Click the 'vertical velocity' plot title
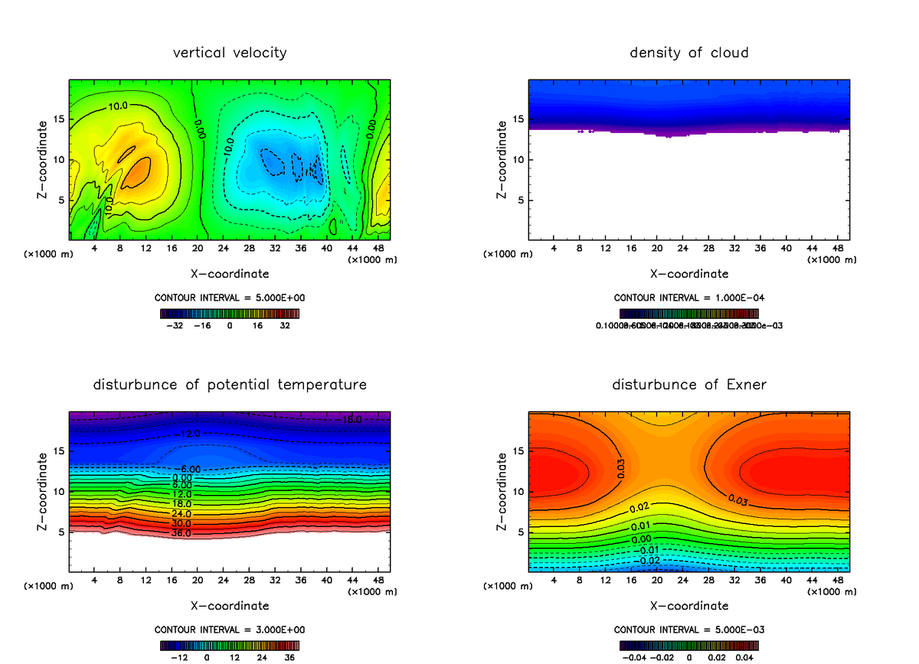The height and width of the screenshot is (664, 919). pyautogui.click(x=230, y=53)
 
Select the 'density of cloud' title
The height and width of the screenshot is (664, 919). pyautogui.click(x=688, y=53)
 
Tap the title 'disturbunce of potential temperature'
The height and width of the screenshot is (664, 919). pyautogui.click(x=230, y=384)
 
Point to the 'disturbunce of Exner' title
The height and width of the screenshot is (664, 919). pyautogui.click(x=688, y=384)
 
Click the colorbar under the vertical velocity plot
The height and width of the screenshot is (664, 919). pyautogui.click(x=230, y=313)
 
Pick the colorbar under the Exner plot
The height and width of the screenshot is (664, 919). pyautogui.click(x=688, y=644)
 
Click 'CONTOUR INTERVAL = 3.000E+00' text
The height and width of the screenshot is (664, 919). pyautogui.click(x=230, y=630)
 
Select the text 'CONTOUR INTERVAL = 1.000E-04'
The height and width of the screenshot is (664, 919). pyautogui.click(x=688, y=298)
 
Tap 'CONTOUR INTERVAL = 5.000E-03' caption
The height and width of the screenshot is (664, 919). pyautogui.click(x=688, y=630)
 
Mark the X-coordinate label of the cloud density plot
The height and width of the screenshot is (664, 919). pyautogui.click(x=688, y=274)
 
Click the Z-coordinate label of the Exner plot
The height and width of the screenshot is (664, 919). pyautogui.click(x=502, y=491)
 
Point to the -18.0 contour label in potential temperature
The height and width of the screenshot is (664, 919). pyautogui.click(x=352, y=420)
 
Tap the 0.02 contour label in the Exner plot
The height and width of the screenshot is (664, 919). pyautogui.click(x=639, y=508)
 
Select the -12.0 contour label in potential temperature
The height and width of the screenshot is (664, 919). pyautogui.click(x=187, y=434)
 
